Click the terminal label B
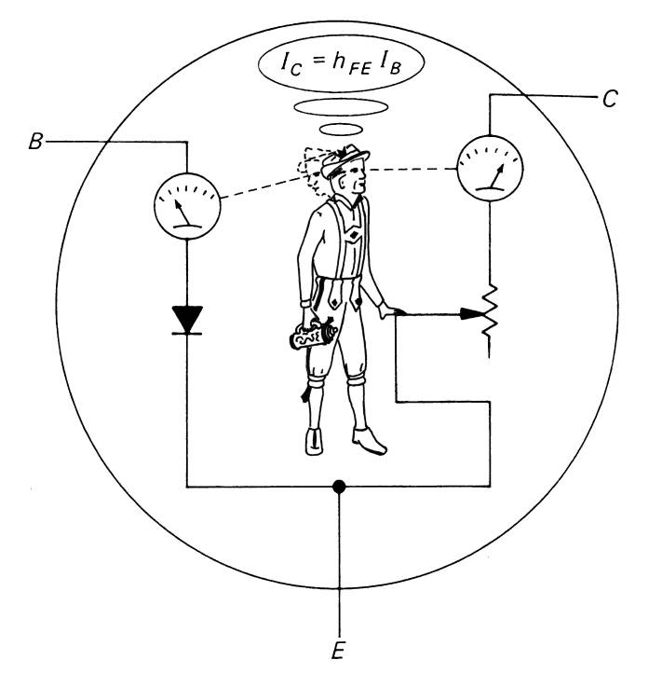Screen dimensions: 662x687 (x=36, y=142)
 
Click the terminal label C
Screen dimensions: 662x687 (x=610, y=99)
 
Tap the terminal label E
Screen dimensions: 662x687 (x=338, y=651)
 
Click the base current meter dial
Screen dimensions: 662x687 (x=187, y=206)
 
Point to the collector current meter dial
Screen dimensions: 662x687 (x=490, y=168)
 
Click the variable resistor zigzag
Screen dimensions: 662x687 (x=490, y=311)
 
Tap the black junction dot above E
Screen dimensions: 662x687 (x=339, y=487)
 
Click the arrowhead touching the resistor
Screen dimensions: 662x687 (x=472, y=314)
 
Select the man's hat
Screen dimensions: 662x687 (x=345, y=160)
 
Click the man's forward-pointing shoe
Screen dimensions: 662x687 (x=370, y=441)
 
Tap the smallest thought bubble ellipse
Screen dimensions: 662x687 (x=342, y=130)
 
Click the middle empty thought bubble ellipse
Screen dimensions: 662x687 (x=342, y=107)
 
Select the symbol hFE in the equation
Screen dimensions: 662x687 (x=351, y=65)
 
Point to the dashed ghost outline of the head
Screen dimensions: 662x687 (x=313, y=172)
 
